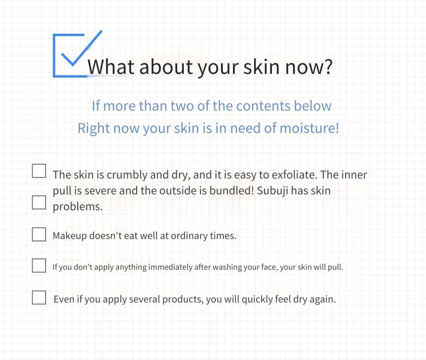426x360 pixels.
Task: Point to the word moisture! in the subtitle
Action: click(310, 128)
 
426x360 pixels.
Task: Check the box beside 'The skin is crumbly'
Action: click(39, 171)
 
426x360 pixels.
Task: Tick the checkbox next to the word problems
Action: click(39, 202)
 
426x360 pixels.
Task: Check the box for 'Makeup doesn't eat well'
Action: click(39, 234)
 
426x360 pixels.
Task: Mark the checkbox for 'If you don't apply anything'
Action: click(39, 265)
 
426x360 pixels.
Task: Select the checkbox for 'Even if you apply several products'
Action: click(39, 297)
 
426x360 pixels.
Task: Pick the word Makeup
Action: click(69, 236)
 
